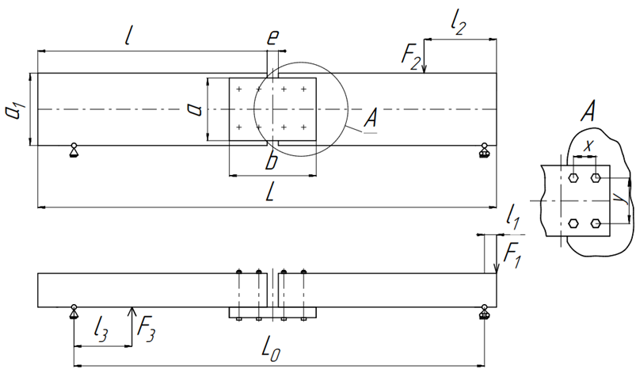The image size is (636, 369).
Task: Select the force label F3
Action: click(x=146, y=328)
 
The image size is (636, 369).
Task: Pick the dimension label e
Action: click(x=273, y=37)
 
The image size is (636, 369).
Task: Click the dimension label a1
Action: click(x=16, y=108)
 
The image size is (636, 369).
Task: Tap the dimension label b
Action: click(x=272, y=159)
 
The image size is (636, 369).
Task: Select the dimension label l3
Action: click(x=100, y=329)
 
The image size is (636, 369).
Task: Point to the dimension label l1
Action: click(x=513, y=219)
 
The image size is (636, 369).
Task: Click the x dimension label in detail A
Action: click(x=588, y=146)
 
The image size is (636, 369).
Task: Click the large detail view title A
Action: click(x=588, y=111)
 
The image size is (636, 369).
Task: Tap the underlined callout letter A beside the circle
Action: click(x=370, y=120)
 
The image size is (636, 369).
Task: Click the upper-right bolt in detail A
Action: click(x=596, y=177)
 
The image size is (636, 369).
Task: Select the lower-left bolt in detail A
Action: click(x=573, y=223)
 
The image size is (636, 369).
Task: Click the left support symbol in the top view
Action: click(x=74, y=150)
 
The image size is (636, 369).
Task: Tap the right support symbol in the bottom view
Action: click(x=483, y=312)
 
